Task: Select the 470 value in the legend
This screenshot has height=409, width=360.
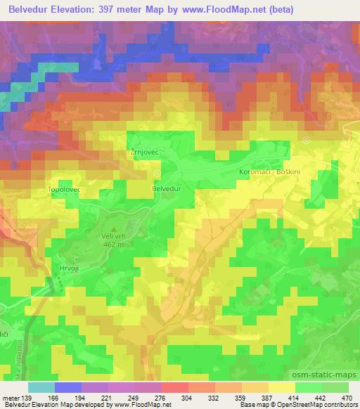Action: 347,398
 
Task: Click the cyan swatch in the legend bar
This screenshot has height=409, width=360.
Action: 41,387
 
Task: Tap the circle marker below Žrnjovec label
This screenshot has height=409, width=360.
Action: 156,172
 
